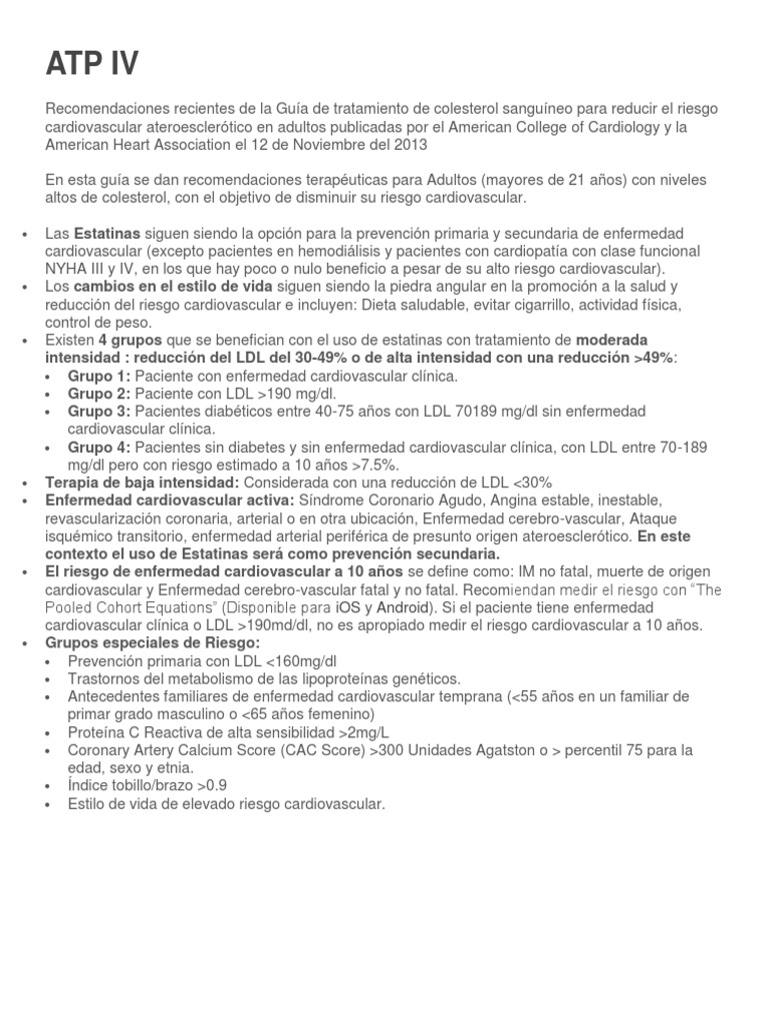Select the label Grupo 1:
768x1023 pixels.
99,376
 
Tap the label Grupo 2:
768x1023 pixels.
99,394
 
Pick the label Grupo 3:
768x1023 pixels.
99,412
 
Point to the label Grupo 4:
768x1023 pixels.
99,447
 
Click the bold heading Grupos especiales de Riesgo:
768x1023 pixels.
153,643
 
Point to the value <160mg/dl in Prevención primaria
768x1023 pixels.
295,661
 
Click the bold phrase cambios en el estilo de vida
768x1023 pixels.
159,286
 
